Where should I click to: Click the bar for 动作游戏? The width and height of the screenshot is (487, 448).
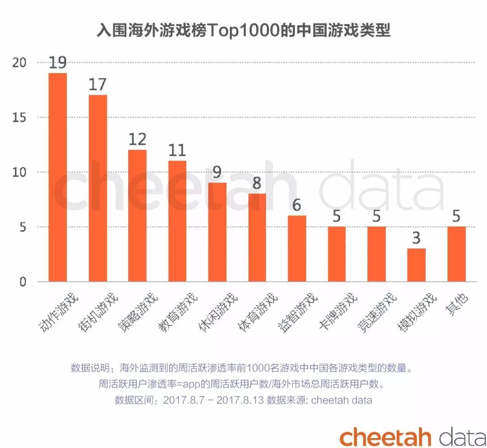pos(58,177)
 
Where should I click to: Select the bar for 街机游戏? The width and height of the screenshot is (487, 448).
pos(98,188)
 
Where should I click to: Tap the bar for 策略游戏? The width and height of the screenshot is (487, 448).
pos(137,215)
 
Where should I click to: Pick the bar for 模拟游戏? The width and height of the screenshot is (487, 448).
pos(416,265)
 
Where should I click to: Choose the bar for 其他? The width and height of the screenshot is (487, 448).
pos(456,254)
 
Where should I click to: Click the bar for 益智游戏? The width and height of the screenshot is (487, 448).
pos(297,249)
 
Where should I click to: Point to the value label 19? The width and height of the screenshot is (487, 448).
pos(58,63)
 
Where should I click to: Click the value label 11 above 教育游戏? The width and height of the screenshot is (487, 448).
pos(177,150)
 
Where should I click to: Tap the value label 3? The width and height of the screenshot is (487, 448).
pos(416,238)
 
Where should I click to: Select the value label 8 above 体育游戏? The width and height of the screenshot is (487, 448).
pos(257,183)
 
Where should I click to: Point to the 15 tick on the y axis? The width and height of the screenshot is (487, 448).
pos(19,118)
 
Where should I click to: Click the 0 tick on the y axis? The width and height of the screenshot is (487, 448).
pos(23,282)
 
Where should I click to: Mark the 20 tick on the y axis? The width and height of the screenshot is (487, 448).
pos(19,63)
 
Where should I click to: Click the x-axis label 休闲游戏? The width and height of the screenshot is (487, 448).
pos(218,312)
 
